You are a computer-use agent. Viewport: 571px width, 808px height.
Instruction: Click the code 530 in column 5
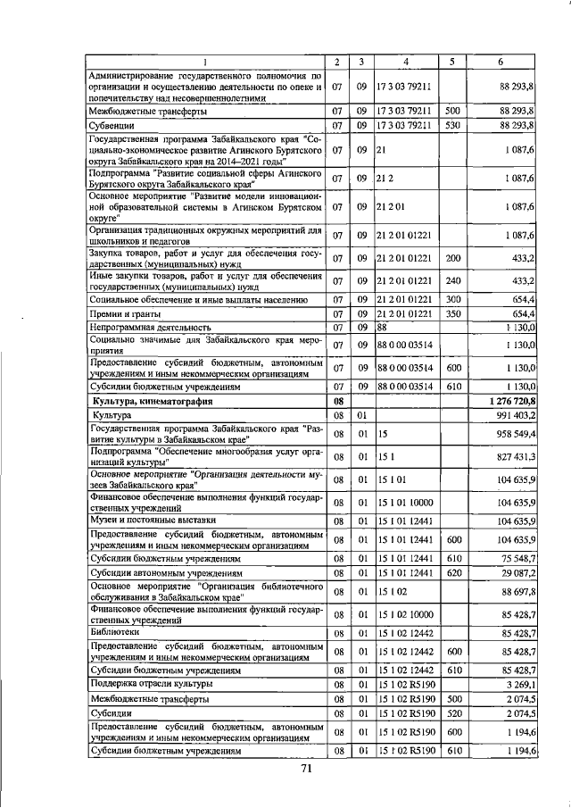pyautogui.click(x=452, y=126)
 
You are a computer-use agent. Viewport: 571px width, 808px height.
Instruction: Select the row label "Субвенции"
pyautogui.click(x=112, y=126)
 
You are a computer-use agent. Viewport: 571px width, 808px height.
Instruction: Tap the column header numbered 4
pyautogui.click(x=405, y=62)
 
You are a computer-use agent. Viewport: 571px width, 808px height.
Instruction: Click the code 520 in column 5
pyautogui.click(x=452, y=713)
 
